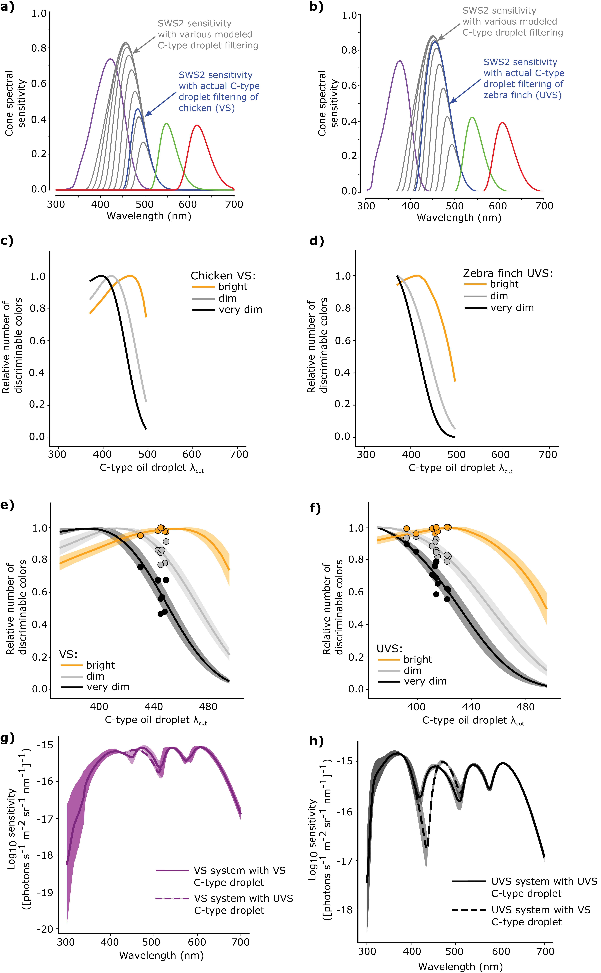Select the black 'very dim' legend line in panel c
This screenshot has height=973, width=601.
[x=204, y=310]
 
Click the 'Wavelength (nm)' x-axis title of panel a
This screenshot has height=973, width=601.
[x=149, y=216]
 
